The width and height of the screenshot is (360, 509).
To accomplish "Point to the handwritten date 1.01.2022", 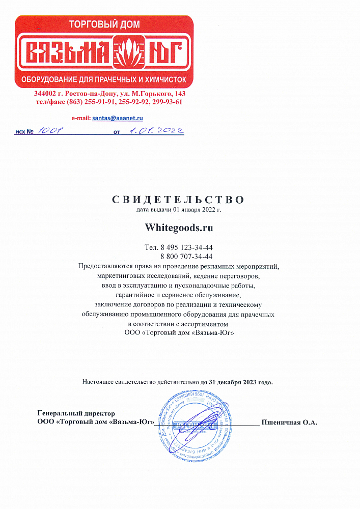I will click(155, 131).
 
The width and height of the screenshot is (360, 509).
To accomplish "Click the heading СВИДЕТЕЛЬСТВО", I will click(178, 199).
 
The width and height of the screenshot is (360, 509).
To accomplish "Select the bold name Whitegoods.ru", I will click(179, 228).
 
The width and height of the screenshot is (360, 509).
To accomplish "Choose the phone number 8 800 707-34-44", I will click(186, 257).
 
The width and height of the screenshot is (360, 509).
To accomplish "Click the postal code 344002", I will click(45, 94).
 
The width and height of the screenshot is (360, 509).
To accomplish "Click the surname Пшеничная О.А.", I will click(289, 422).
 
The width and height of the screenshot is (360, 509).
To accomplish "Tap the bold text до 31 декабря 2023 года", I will click(236, 382).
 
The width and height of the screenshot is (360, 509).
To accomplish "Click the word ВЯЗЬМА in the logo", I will click(68, 52).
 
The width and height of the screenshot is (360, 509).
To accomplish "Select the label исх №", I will click(24, 132).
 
